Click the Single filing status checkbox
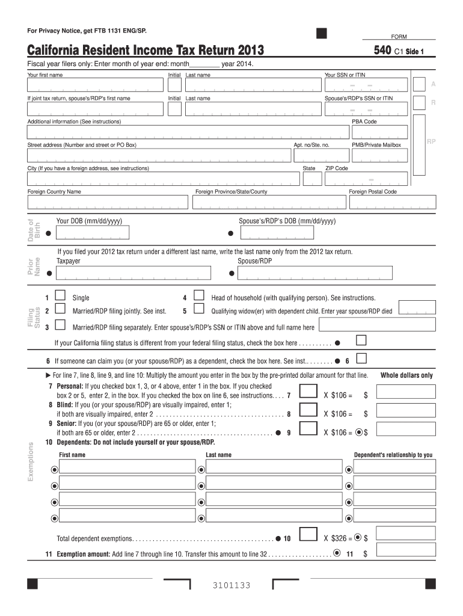(x=60, y=296)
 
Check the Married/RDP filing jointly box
(x=60, y=310)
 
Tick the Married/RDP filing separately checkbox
(x=60, y=325)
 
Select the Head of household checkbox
(x=199, y=296)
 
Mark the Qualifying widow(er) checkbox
(x=199, y=310)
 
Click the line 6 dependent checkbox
(x=361, y=359)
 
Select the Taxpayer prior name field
(x=133, y=273)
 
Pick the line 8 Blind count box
(x=308, y=411)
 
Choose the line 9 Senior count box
(x=308, y=430)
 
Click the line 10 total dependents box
(x=308, y=535)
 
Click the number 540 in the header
(x=382, y=51)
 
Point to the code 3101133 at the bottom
(x=231, y=586)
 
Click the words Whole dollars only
(x=406, y=375)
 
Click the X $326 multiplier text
(x=337, y=538)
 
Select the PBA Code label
(x=364, y=122)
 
